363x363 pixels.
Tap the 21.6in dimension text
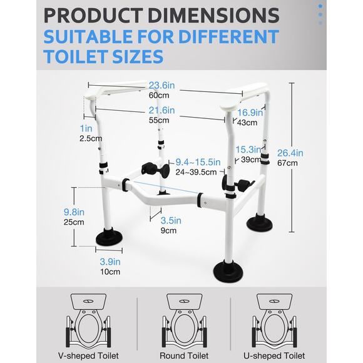coord(161,110)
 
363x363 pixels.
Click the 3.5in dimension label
coord(170,220)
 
